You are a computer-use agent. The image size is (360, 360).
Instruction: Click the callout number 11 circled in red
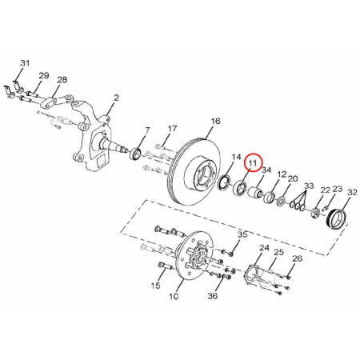coord(252,162)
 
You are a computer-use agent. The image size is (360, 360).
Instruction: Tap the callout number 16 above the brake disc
coord(215,122)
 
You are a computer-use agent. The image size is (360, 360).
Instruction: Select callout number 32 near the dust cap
coord(352,192)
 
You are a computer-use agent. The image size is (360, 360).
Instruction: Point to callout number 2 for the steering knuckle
coord(116,98)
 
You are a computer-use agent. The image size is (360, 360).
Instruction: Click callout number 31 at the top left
coord(25,63)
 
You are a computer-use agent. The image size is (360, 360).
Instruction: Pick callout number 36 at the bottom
coord(213,296)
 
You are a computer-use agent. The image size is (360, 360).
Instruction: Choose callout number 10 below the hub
coord(174,296)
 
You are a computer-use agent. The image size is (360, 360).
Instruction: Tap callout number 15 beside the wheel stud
coord(155,286)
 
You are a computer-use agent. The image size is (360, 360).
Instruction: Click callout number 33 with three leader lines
coord(309,186)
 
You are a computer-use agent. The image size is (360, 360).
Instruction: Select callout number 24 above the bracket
coord(264,248)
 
